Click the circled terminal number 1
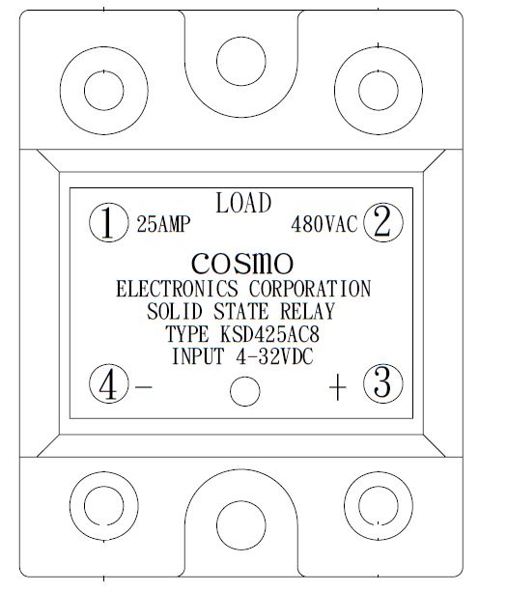[x=109, y=222]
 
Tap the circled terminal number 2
[x=383, y=222]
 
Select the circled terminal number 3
[x=383, y=383]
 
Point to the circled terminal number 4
[x=109, y=383]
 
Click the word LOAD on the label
[x=243, y=203]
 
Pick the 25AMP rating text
[x=163, y=224]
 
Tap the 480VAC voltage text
[x=324, y=224]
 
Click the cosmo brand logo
[x=242, y=263]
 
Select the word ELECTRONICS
[x=177, y=289]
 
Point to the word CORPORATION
[x=310, y=289]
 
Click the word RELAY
[x=308, y=312]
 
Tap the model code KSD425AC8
[x=269, y=334]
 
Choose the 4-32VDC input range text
[x=274, y=356]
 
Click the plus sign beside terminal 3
[x=338, y=387]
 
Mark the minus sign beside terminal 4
[x=144, y=387]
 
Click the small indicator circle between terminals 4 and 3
[x=245, y=391]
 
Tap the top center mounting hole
[x=241, y=61]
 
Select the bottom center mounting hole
[x=241, y=525]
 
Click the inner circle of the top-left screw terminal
[x=104, y=91]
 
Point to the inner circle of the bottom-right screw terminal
[x=379, y=505]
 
